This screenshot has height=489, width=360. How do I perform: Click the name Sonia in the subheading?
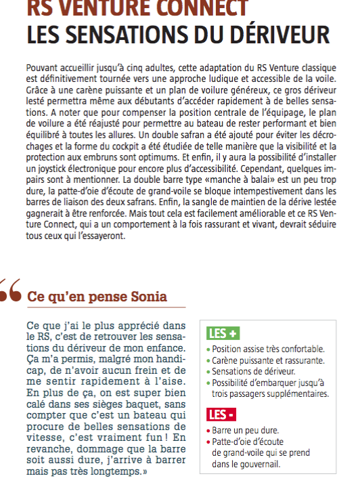point(143,297)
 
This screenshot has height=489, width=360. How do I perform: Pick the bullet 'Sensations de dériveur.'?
point(248,372)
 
